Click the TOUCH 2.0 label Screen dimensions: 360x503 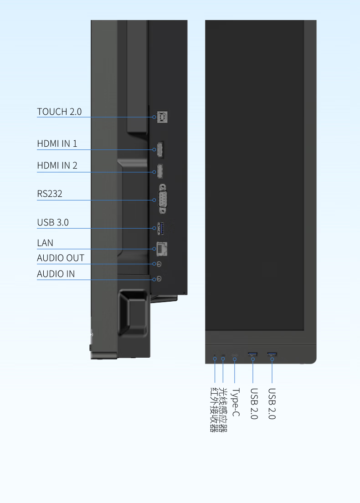tap(59, 112)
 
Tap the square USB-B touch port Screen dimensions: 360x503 tap(162, 117)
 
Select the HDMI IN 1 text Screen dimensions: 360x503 tap(57, 144)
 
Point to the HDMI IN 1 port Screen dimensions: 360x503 tap(160, 149)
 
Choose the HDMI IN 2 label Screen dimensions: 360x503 tap(57, 165)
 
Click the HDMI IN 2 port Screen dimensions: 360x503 tap(160, 171)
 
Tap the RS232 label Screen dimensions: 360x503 tap(50, 194)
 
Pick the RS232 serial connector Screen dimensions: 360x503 tap(162, 199)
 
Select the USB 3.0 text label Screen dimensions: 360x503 tap(53, 222)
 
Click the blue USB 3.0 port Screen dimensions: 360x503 tap(161, 228)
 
